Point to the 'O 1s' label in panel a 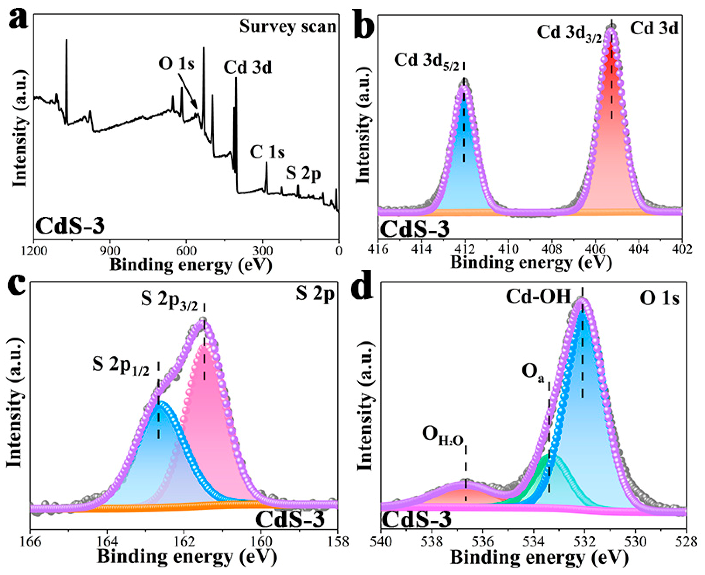[176, 64]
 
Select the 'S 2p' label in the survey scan [303, 174]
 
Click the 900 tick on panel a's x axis [109, 251]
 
